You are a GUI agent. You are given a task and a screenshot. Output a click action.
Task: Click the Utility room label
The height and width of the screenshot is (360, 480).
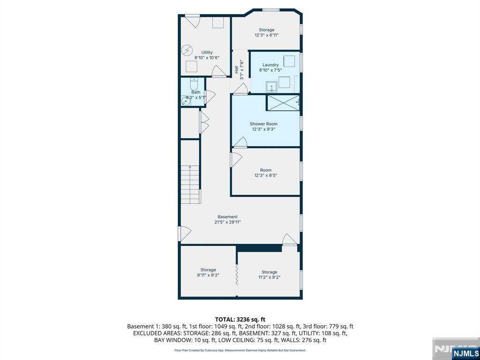207,52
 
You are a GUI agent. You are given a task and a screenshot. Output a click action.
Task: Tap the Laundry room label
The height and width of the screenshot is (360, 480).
270,65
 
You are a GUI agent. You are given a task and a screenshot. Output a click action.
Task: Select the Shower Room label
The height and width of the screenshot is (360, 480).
263,124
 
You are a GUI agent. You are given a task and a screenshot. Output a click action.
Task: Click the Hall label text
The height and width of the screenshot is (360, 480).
236,69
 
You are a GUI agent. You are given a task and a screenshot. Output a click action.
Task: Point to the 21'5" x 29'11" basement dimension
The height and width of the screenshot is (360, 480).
227,222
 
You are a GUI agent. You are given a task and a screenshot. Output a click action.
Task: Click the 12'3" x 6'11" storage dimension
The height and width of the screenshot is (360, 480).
267,35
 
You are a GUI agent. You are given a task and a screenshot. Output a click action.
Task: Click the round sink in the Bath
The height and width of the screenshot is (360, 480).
186,101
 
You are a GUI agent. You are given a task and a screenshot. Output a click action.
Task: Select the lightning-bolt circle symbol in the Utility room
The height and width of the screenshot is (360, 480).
187,50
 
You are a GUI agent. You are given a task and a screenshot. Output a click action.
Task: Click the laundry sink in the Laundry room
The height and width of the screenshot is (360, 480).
271,87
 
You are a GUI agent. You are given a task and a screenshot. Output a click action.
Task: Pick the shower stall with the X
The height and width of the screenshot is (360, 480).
283,103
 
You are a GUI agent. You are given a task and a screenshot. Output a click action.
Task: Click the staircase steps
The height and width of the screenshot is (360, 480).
190,184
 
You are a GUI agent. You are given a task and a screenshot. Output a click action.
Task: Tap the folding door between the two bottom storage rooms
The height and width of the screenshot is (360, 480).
237,275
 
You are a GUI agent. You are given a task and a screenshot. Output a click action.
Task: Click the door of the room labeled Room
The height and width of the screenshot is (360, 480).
236,160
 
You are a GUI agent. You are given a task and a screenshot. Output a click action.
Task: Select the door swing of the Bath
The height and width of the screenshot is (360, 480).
210,97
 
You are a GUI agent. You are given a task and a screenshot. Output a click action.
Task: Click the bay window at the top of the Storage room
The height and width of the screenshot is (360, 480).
271,10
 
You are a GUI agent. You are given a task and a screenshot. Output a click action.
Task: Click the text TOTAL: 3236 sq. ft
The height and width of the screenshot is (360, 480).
240,320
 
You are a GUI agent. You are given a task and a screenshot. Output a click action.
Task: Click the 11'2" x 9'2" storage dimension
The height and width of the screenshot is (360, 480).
270,277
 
